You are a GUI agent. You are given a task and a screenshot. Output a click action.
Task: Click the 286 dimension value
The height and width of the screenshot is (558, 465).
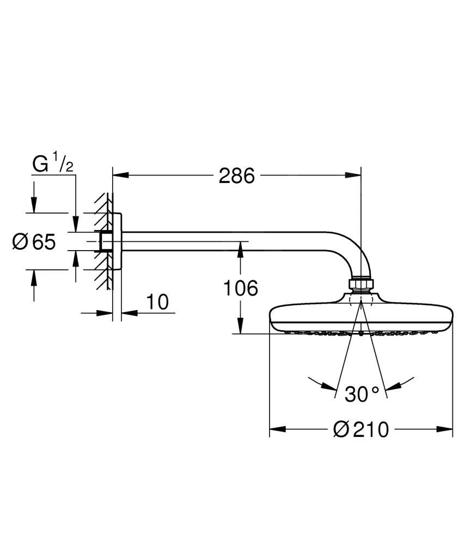(237, 175)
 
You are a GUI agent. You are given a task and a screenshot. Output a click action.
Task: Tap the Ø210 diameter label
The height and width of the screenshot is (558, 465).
(361, 429)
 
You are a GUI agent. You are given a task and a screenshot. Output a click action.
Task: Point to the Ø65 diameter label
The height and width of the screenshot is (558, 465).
(34, 241)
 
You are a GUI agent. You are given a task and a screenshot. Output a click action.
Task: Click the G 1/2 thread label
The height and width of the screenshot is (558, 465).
(53, 164)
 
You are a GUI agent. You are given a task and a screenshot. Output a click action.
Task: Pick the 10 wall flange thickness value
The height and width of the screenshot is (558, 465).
(158, 301)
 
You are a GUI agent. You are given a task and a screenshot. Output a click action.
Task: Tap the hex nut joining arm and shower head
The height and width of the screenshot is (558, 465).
(360, 284)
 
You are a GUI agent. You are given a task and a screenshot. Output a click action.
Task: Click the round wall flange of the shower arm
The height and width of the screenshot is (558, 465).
(117, 241)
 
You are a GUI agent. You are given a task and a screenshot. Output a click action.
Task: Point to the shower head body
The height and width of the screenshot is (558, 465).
(360, 318)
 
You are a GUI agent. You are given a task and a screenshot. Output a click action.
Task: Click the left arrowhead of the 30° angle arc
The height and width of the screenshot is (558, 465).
(329, 386)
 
